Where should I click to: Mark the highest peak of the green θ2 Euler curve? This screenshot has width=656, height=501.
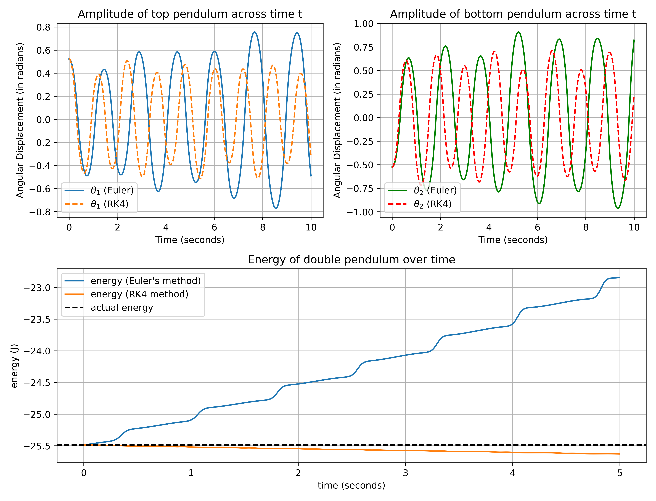click(x=518, y=32)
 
